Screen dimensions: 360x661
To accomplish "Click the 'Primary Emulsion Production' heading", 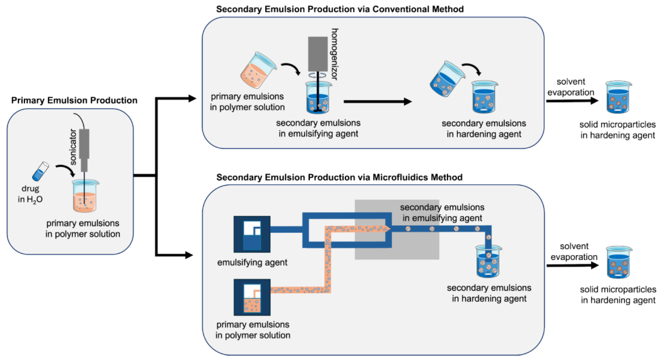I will [74, 100].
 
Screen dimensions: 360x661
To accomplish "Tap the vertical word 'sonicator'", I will [73, 147].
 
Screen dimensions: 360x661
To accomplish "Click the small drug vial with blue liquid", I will [40, 171].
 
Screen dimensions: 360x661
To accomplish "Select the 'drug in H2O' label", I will [30, 194].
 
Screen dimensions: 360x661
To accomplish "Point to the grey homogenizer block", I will [318, 54].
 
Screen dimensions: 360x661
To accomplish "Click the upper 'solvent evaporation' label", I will [570, 87].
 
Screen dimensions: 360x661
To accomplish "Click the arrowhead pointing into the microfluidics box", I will [189, 255].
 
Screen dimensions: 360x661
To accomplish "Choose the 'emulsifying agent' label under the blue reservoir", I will [252, 262].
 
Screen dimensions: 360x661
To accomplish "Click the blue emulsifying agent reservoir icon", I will [252, 234].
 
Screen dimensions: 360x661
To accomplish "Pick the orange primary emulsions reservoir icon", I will [252, 297].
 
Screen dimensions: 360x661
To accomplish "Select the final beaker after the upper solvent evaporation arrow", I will [618, 98].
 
